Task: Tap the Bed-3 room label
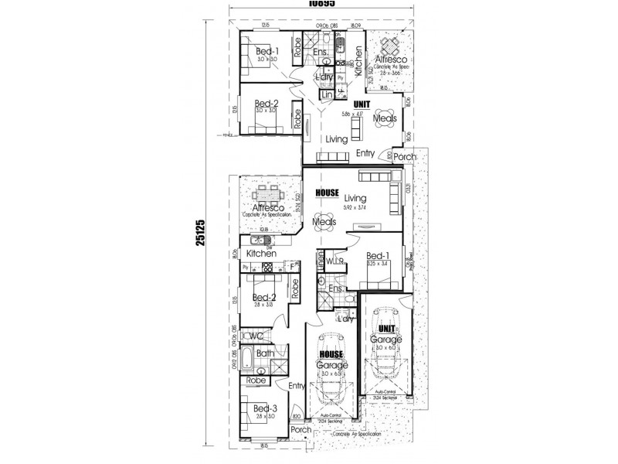coord(264,408)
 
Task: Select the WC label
coord(255,336)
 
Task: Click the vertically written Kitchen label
coord(358,57)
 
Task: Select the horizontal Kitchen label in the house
coord(261,254)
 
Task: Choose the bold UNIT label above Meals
coord(362,104)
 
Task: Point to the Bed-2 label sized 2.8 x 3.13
coord(264,297)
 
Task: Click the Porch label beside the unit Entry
coord(404,157)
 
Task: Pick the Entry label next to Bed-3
coord(297,386)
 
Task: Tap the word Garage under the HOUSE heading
coord(332,364)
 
